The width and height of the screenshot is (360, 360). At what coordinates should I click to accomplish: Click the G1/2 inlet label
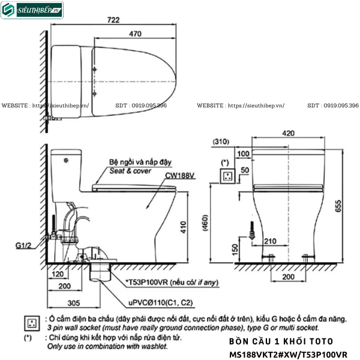point(25,245)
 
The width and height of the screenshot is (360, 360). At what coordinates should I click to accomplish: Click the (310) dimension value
point(220,142)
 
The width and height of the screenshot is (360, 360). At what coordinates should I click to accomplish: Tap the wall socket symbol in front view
point(227,176)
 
